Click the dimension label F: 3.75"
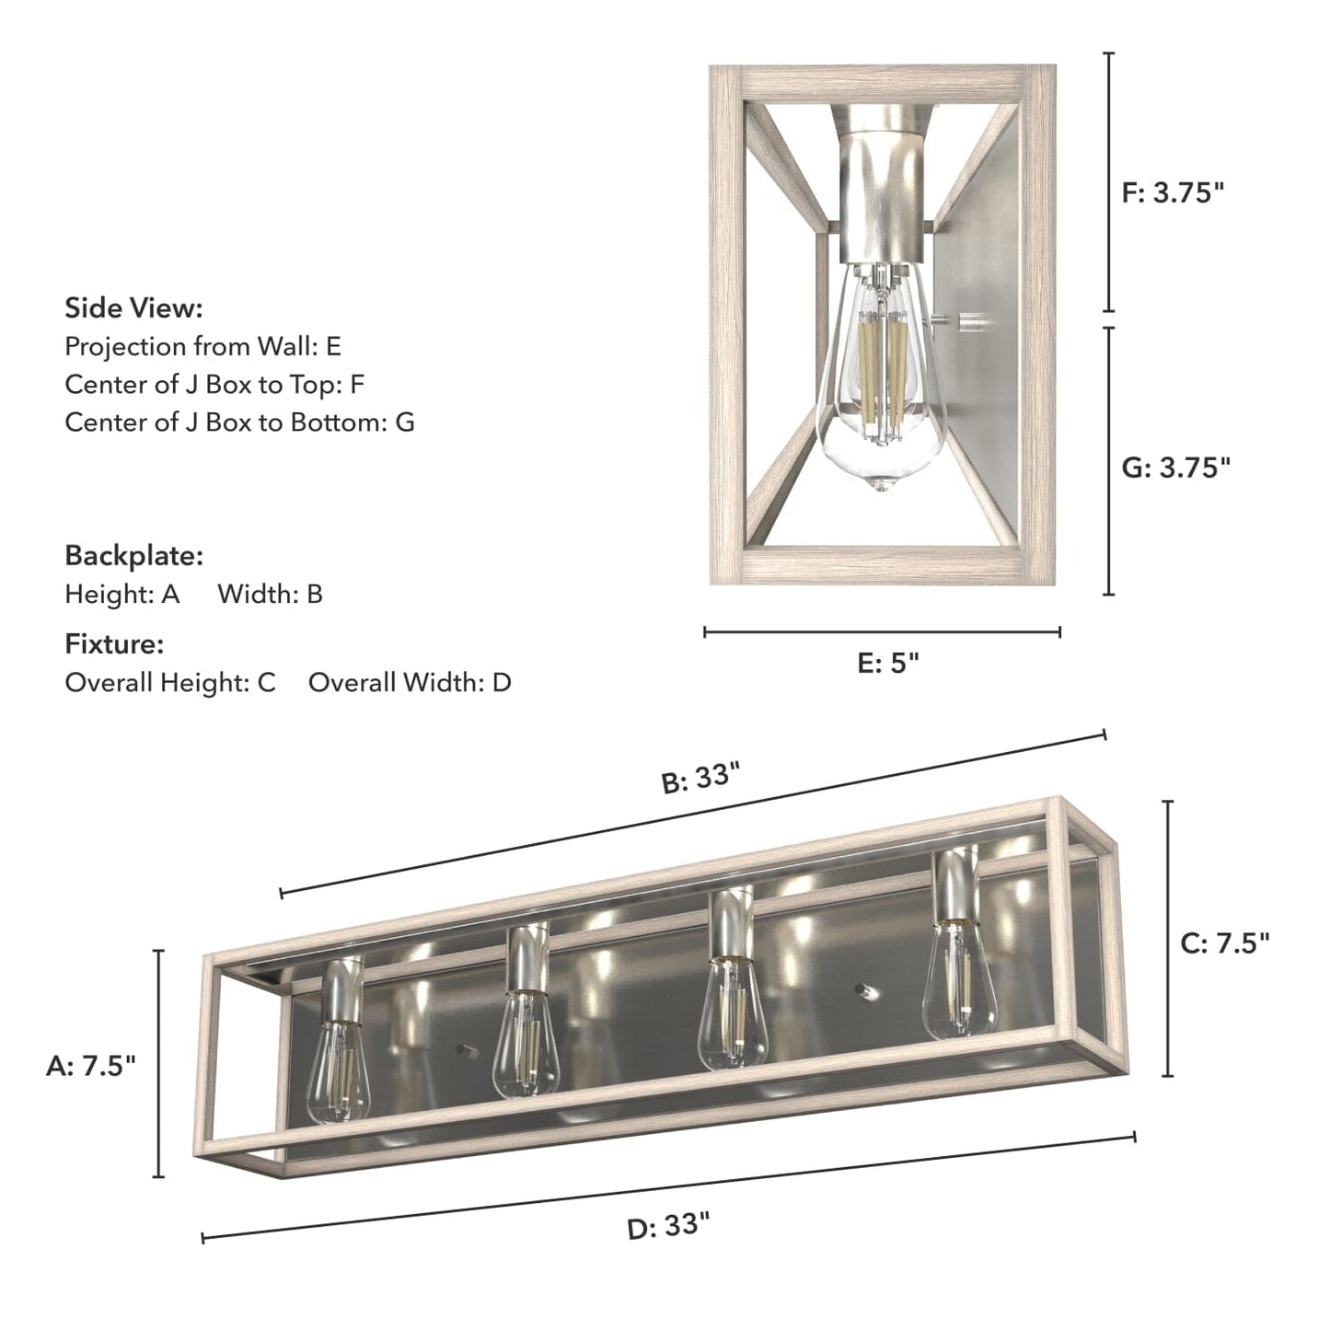click(x=1174, y=193)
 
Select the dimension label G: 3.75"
click(x=1175, y=468)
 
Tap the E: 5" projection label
click(x=888, y=663)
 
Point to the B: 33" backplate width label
click(x=701, y=779)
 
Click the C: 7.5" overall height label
click(x=1225, y=943)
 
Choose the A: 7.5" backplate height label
click(x=91, y=1066)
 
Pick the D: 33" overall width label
click(x=668, y=1226)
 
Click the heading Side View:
click(x=133, y=307)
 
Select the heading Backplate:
click(x=133, y=556)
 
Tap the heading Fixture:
click(x=114, y=644)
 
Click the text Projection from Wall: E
click(x=202, y=347)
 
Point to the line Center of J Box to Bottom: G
click(x=239, y=422)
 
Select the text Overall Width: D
click(x=410, y=683)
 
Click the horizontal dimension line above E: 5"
click(x=882, y=631)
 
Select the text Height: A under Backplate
click(x=122, y=595)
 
